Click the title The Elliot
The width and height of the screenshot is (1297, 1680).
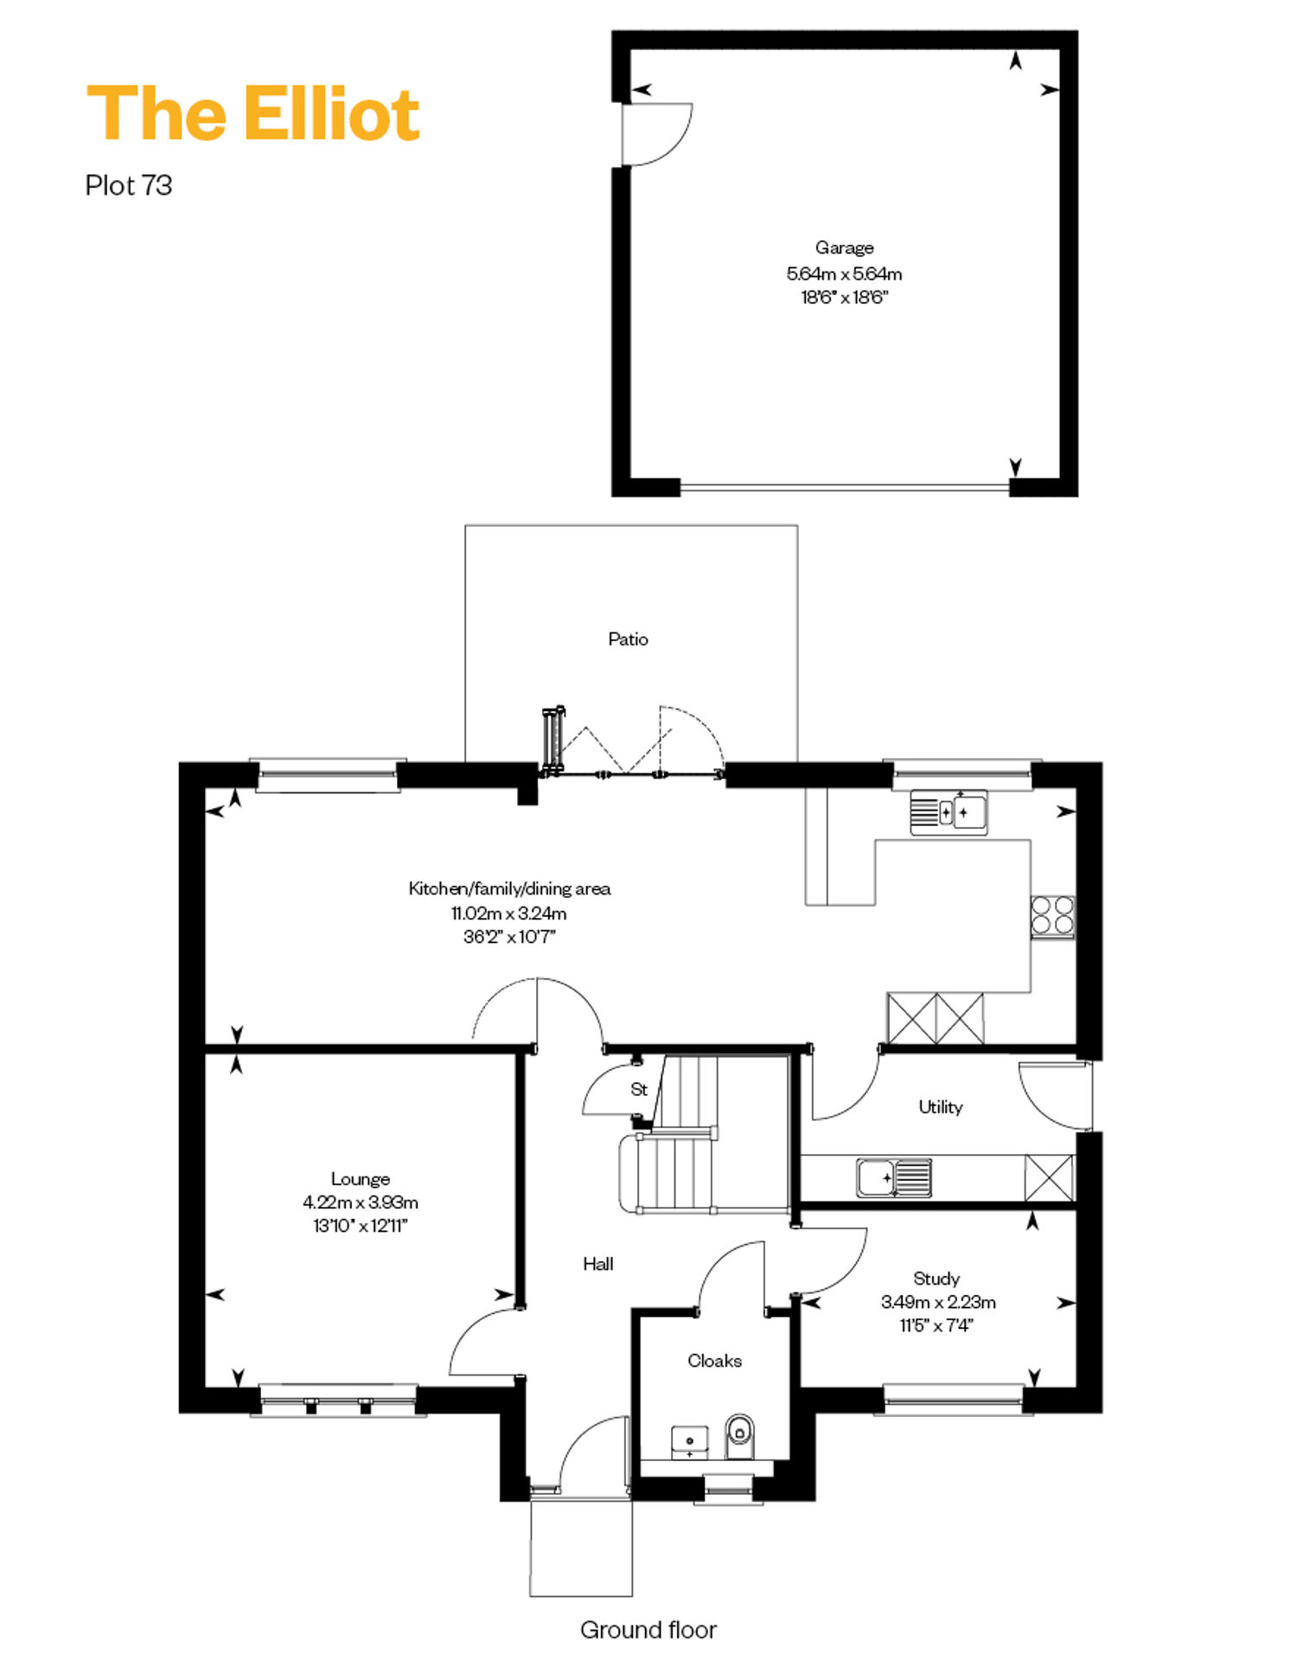[x=253, y=113]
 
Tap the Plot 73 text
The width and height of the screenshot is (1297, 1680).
[x=129, y=185]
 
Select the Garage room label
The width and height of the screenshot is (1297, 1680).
[x=845, y=248]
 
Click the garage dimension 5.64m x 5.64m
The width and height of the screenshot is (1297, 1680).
[x=845, y=274]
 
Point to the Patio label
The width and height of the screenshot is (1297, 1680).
[x=628, y=639]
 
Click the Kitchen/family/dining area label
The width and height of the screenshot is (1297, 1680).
[x=509, y=888]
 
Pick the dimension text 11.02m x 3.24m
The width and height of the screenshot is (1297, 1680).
[x=509, y=914]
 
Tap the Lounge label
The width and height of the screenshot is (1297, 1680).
[x=361, y=1179]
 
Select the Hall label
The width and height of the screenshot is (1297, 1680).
[x=598, y=1264]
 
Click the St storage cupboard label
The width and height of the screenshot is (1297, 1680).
[x=639, y=1089]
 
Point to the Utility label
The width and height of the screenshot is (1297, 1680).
[x=941, y=1107]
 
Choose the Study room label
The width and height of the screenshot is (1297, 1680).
[x=936, y=1279]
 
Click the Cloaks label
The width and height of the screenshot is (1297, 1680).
[x=715, y=1361]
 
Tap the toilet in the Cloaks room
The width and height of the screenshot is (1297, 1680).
[x=739, y=1436]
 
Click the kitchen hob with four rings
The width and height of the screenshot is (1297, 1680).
[x=1053, y=916]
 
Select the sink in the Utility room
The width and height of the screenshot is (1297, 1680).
[x=894, y=1178]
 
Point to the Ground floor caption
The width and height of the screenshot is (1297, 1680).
[x=648, y=1630]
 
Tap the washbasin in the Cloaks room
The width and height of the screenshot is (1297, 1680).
[x=689, y=1443]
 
